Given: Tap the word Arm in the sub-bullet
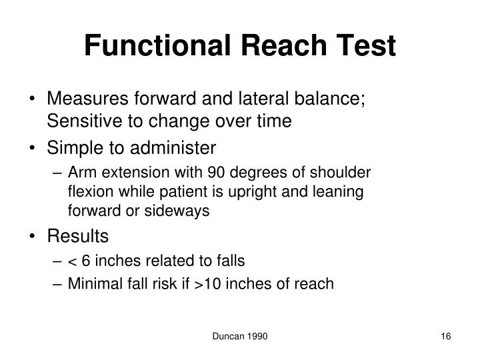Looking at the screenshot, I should click(x=81, y=172).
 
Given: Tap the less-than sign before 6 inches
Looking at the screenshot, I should click(x=72, y=261).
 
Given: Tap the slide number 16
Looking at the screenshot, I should click(x=446, y=339).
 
